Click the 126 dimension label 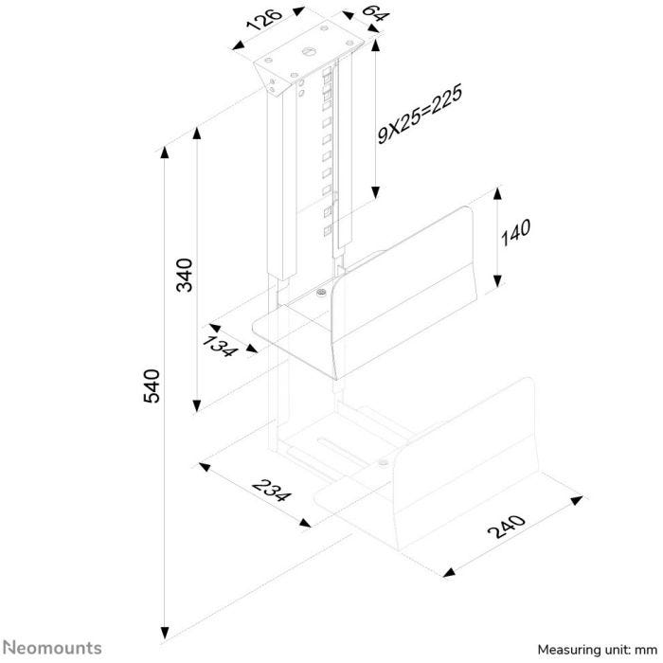[x=264, y=19]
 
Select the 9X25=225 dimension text [x=420, y=115]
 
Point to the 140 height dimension [x=515, y=233]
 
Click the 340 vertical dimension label [x=185, y=275]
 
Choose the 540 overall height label [x=152, y=385]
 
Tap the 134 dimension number [x=219, y=345]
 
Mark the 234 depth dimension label [x=272, y=491]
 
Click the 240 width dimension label [x=507, y=527]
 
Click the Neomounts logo [x=52, y=648]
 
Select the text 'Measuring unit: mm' [x=598, y=649]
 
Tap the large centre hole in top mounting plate [x=309, y=51]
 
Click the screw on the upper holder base [x=321, y=292]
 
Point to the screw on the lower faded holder [x=383, y=462]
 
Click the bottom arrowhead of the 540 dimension [x=165, y=633]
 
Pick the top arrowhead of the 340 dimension [x=197, y=134]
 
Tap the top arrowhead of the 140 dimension [x=497, y=193]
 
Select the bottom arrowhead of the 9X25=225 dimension [x=375, y=192]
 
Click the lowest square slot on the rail [x=327, y=231]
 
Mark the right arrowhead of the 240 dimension [x=576, y=501]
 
